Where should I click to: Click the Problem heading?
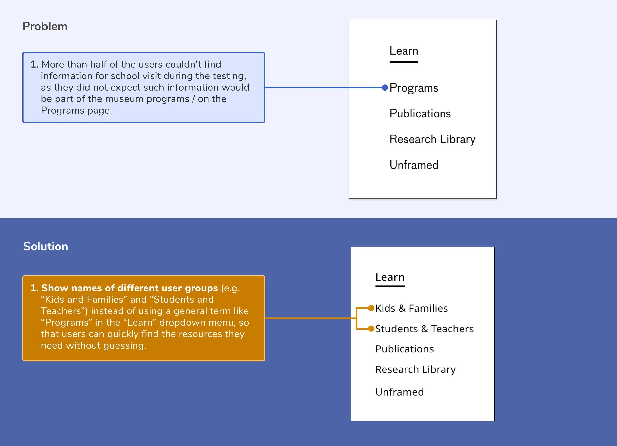coord(45,26)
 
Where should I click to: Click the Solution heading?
coord(45,246)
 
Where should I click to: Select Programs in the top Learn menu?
coord(413,88)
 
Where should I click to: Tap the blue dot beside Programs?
coord(385,88)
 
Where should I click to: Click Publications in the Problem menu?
coord(420,114)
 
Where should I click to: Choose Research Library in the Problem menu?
coord(432,139)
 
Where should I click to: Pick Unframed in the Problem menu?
coord(414,165)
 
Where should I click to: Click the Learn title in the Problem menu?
coord(404,51)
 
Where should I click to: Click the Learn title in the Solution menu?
coord(390,277)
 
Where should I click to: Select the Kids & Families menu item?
coord(411,308)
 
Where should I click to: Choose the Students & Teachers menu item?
coord(424,329)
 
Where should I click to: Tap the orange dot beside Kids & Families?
coord(371,308)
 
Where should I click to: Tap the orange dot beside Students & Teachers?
coord(371,329)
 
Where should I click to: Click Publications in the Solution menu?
coord(405,349)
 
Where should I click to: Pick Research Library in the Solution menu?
coord(415,369)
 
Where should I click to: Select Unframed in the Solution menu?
coord(399,392)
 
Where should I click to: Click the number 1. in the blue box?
coord(34,64)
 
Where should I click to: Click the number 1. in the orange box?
coord(34,288)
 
